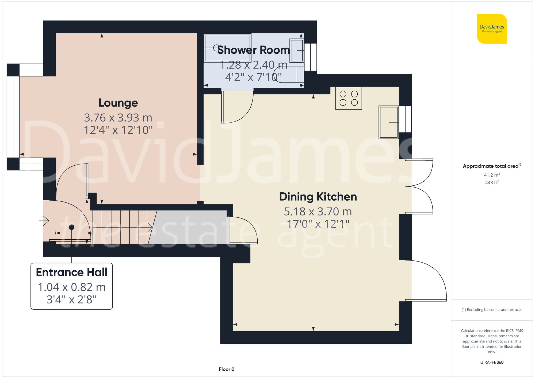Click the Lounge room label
tap(118, 103)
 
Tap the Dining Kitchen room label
tap(318, 197)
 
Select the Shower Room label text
tap(253, 50)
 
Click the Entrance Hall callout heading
tap(72, 272)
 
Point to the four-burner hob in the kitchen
tap(349, 98)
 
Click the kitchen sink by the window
tap(388, 122)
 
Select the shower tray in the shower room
tap(227, 48)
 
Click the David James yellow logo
tap(492, 29)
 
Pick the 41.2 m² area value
tap(492, 175)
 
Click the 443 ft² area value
tap(492, 182)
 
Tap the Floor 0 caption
tap(226, 369)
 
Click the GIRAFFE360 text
tap(492, 362)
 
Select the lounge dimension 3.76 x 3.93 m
tap(118, 118)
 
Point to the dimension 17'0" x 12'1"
tap(318, 224)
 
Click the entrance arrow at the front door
tap(44, 221)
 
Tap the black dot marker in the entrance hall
tap(72, 227)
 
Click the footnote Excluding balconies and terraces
tap(492, 310)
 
